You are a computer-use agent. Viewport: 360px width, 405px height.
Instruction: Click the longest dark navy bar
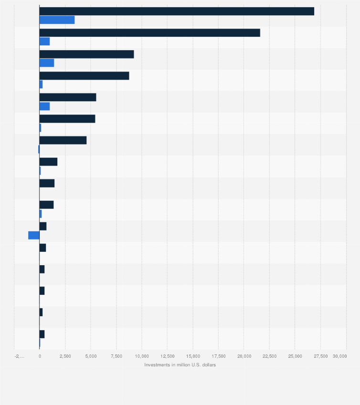pos(177,11)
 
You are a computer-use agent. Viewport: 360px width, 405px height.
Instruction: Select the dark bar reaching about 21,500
pos(149,32)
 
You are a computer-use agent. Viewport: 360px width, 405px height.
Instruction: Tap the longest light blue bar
pos(57,20)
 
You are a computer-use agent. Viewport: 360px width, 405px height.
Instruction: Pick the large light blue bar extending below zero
pos(34,235)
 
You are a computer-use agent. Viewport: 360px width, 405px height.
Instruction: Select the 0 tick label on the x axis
pos(40,356)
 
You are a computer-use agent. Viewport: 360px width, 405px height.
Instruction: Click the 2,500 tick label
pos(65,356)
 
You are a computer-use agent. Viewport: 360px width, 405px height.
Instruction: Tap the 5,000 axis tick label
pos(91,356)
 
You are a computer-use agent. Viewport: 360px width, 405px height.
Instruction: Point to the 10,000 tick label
pos(142,356)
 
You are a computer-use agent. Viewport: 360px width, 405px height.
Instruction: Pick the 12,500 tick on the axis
pos(167,356)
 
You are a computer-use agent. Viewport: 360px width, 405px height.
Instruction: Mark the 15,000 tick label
pos(193,356)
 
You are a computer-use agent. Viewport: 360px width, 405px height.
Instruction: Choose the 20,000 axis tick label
pos(244,356)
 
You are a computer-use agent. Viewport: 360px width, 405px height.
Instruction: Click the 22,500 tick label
pos(269,356)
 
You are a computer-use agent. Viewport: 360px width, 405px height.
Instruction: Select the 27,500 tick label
pos(320,356)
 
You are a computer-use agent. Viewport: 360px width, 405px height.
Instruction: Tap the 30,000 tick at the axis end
pos(339,356)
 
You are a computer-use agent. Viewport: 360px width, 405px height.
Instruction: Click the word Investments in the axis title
pos(157,365)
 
